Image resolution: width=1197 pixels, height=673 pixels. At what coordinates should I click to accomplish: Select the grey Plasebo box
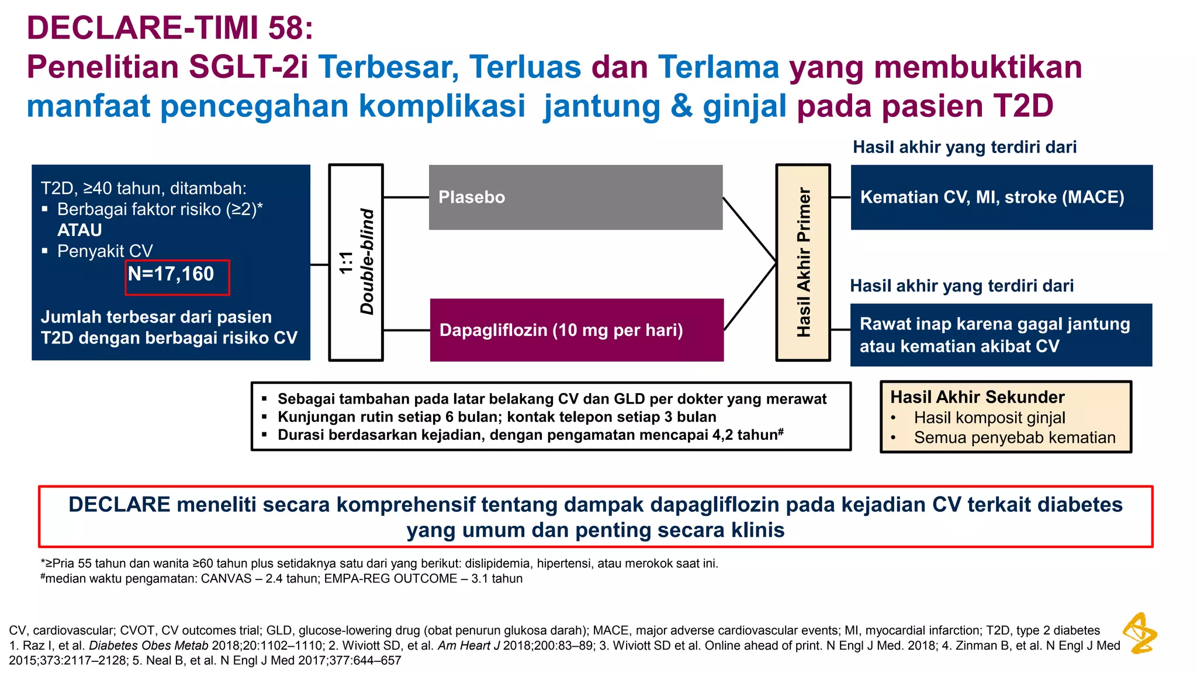click(575, 197)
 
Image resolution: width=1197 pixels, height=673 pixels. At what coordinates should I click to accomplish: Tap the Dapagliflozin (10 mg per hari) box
click(576, 330)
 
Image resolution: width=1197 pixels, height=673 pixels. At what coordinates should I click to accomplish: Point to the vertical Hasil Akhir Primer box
click(803, 262)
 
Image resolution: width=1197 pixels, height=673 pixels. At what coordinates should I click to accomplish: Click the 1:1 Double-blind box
click(356, 262)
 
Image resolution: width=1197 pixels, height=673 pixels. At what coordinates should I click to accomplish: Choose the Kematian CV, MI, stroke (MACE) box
click(1001, 197)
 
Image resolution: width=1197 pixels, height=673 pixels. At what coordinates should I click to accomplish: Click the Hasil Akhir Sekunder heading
click(977, 397)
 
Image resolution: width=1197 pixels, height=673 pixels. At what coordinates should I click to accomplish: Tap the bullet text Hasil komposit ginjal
click(989, 418)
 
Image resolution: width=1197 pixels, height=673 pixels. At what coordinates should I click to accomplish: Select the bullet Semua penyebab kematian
click(1014, 438)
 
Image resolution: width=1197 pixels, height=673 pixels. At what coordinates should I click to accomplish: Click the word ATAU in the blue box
click(79, 230)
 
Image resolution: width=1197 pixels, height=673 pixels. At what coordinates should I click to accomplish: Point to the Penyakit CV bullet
click(105, 251)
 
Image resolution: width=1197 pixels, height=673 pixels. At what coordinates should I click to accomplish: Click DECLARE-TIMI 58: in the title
click(170, 28)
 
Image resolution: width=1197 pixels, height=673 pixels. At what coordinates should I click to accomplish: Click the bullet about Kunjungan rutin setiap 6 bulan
click(496, 417)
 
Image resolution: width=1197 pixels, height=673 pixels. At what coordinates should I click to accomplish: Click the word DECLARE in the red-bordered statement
click(119, 505)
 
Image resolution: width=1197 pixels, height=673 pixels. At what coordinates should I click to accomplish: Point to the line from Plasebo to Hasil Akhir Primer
click(749, 230)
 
